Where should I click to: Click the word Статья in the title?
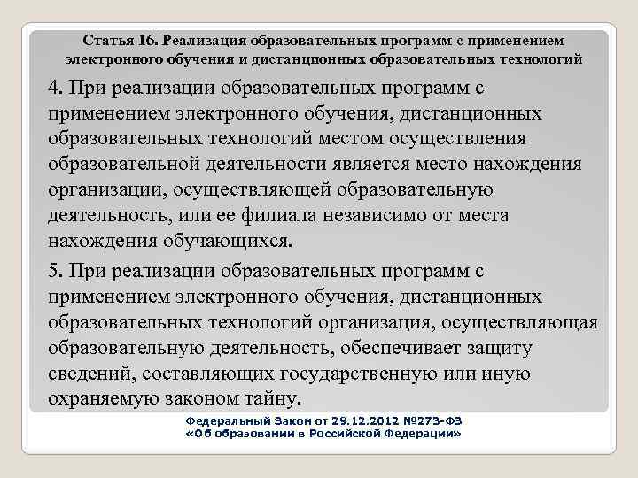pyautogui.click(x=107, y=41)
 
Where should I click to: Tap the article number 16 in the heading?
pyautogui.click(x=147, y=41)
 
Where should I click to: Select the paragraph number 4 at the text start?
pyautogui.click(x=54, y=89)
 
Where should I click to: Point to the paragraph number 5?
pyautogui.click(x=54, y=269)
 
